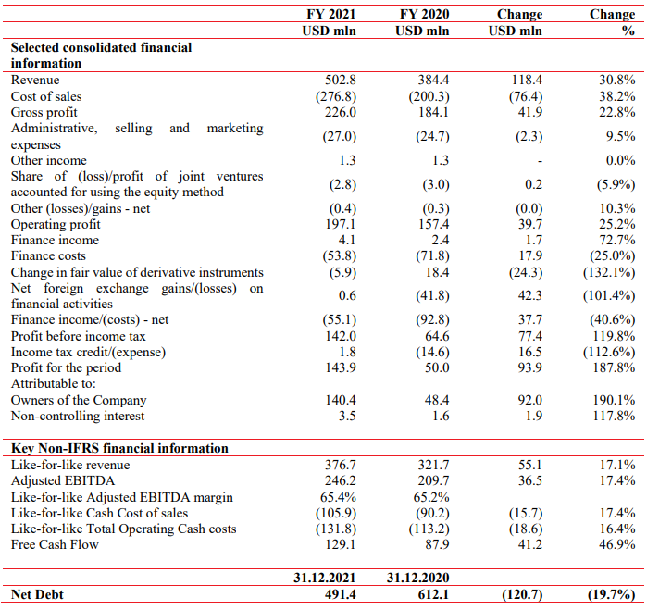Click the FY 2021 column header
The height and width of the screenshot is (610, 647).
[x=330, y=14]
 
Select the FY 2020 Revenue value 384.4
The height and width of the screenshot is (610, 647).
[x=433, y=80]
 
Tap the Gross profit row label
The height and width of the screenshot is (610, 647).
[x=44, y=112]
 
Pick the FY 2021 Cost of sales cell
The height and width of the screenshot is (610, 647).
[x=336, y=96]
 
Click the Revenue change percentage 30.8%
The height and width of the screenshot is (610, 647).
[x=616, y=80]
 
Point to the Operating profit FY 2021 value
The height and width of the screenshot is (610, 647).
[x=340, y=224]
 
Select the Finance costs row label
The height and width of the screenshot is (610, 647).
[x=48, y=255]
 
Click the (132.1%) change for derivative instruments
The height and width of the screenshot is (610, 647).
[x=609, y=272]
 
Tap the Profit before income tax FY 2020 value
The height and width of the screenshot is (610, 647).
[x=437, y=336]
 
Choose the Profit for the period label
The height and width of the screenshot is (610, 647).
[x=66, y=367]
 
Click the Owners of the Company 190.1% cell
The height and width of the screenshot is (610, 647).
[x=614, y=400]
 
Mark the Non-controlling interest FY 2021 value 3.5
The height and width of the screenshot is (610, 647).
[x=347, y=416]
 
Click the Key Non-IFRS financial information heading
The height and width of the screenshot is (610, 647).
[x=119, y=448]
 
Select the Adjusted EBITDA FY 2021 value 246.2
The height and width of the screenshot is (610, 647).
[x=340, y=480]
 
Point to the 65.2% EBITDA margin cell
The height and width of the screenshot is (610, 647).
[x=431, y=497]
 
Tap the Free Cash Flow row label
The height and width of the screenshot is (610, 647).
[x=55, y=544]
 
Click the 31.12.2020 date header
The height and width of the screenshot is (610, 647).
[x=417, y=578]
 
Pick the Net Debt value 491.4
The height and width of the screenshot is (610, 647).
[x=340, y=594]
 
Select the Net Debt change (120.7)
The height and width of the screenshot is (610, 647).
[x=522, y=594]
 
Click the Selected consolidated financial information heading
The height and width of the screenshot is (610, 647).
[x=102, y=56]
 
